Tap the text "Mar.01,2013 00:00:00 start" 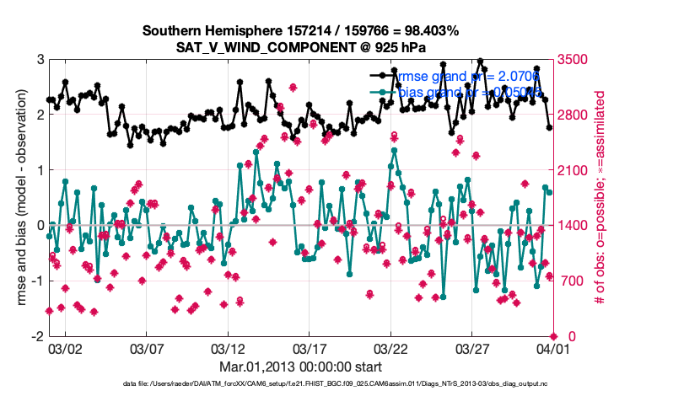(301, 367)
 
